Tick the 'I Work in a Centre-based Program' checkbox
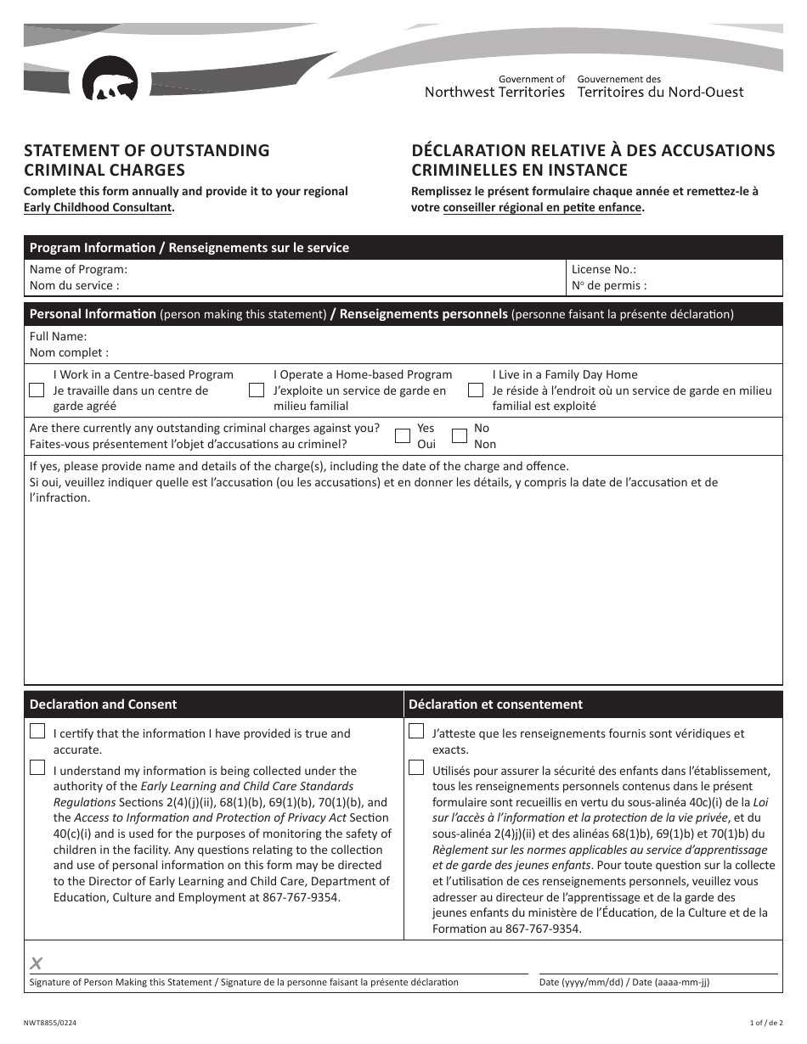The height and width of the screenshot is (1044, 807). pos(37,390)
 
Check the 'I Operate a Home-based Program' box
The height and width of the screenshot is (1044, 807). pos(257,390)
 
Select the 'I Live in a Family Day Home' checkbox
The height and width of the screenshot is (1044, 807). pos(476,390)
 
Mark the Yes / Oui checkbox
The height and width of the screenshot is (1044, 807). pos(403,436)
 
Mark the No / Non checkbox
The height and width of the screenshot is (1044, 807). pos(460,436)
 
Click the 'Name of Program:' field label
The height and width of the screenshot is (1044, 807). pos(78,269)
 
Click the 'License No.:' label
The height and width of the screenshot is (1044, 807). pos(603,269)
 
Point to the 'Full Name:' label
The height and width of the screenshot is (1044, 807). pos(58,336)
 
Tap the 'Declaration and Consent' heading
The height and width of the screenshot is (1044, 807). pos(103,704)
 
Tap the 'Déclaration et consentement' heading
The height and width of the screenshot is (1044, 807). pos(495,704)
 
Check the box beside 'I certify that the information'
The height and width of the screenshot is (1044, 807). pos(37,732)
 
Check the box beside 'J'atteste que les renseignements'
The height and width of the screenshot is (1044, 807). pos(416,732)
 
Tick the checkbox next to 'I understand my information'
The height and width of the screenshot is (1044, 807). pos(37,768)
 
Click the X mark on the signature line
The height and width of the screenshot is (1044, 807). pos(37,963)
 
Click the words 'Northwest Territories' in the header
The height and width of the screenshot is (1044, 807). pos(494,93)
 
